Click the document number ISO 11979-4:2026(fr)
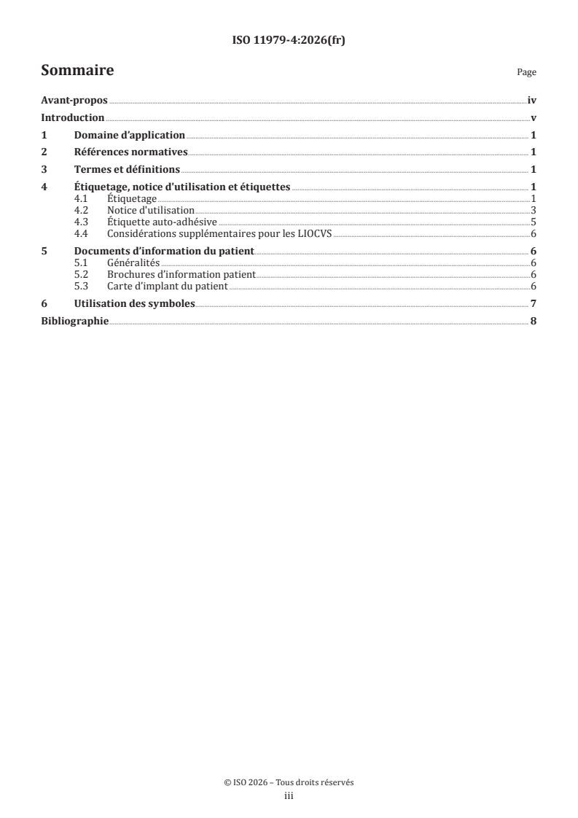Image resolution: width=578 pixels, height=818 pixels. (x=289, y=41)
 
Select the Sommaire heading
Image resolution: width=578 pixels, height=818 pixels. (x=77, y=71)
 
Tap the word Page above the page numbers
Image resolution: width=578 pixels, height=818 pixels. (x=526, y=73)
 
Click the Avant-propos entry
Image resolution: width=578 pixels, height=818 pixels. (x=74, y=101)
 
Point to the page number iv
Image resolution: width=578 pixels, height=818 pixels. (x=532, y=101)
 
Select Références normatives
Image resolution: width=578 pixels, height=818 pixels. (x=131, y=152)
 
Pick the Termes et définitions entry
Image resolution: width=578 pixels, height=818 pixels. (x=127, y=170)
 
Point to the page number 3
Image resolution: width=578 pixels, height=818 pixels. (x=534, y=210)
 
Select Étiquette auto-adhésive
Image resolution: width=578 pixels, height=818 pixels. (x=162, y=222)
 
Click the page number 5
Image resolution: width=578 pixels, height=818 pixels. (x=534, y=222)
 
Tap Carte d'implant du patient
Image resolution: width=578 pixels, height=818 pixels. (x=167, y=286)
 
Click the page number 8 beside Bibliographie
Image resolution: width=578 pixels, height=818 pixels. (x=534, y=321)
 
